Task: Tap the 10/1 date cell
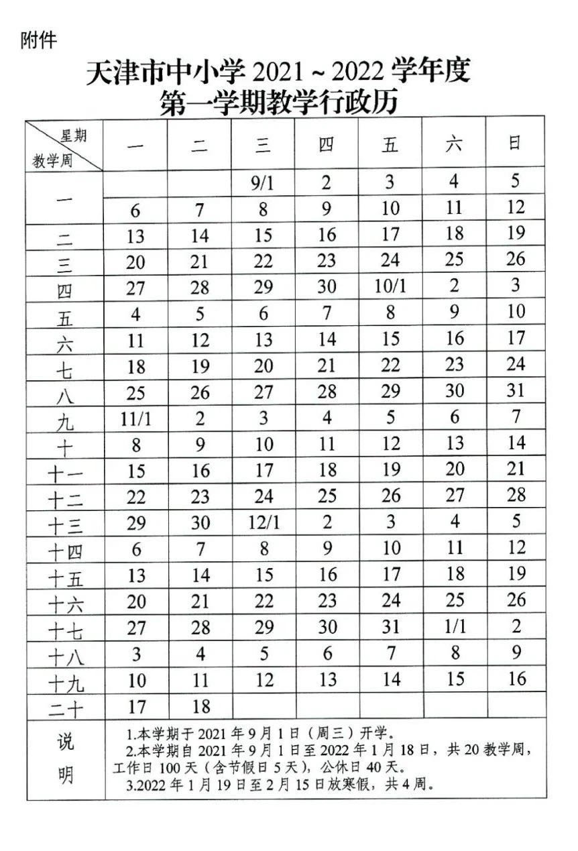391,286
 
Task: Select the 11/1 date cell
137,418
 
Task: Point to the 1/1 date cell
455,627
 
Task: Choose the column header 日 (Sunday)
515,144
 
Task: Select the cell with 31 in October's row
515,391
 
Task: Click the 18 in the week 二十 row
200,706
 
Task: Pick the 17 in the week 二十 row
137,706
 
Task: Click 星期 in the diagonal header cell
74,136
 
